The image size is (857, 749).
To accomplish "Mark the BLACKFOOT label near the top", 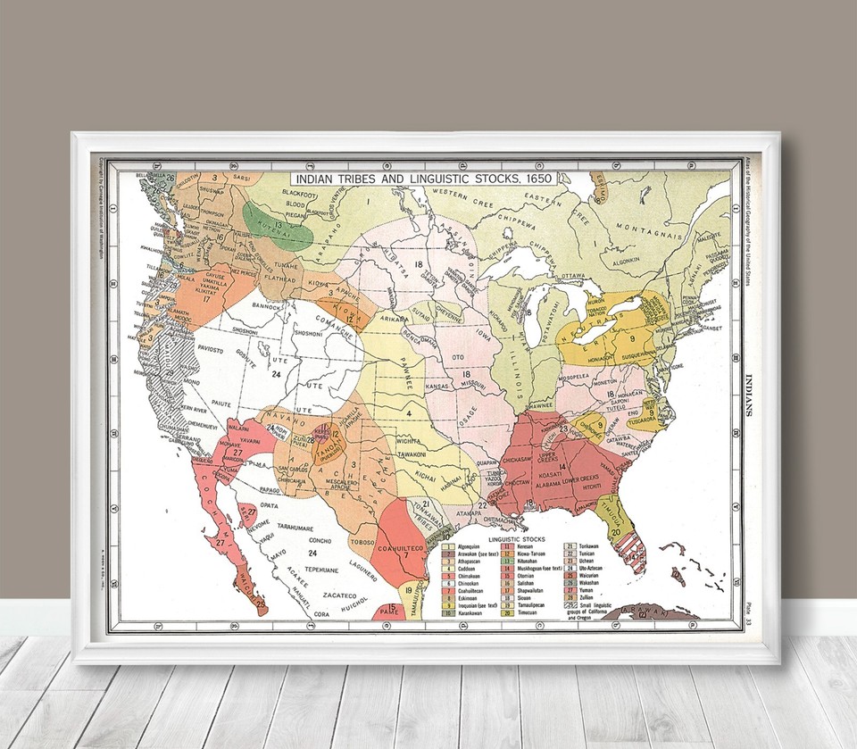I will coord(301,193).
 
